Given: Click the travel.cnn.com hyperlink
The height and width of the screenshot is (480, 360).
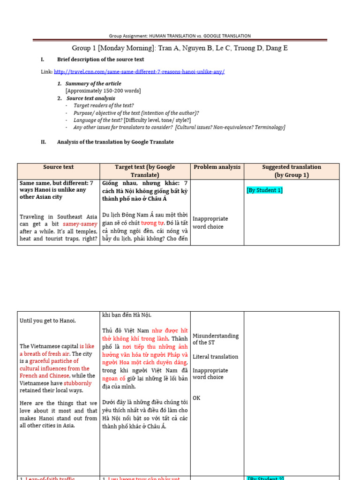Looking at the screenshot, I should point(139,71).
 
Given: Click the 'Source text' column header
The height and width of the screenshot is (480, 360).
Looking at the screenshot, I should point(58,167).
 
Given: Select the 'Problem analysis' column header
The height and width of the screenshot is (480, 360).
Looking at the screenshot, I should point(217,167).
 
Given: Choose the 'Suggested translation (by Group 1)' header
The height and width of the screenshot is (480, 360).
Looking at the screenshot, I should point(292,171).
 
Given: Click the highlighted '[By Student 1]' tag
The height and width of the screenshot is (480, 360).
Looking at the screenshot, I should point(264,190).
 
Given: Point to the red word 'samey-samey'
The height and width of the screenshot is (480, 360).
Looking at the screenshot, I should point(80,224).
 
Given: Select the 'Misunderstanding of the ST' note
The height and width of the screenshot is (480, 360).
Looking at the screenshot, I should point(215,339).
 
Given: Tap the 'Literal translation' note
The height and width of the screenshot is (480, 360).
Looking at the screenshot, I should point(215,357).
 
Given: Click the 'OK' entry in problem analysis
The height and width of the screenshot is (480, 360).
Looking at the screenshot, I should point(196,398).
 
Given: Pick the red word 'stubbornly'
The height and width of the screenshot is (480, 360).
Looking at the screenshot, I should point(78,383).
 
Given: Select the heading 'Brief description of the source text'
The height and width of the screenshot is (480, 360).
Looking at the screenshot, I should point(100,60).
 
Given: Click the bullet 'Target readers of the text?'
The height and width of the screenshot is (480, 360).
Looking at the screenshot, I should point(104,105).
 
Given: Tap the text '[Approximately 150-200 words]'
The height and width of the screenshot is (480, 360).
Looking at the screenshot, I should point(103,90).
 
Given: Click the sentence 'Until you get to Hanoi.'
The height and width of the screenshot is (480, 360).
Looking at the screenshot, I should point(48,321).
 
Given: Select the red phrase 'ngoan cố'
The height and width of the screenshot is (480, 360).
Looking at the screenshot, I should point(114,379).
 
